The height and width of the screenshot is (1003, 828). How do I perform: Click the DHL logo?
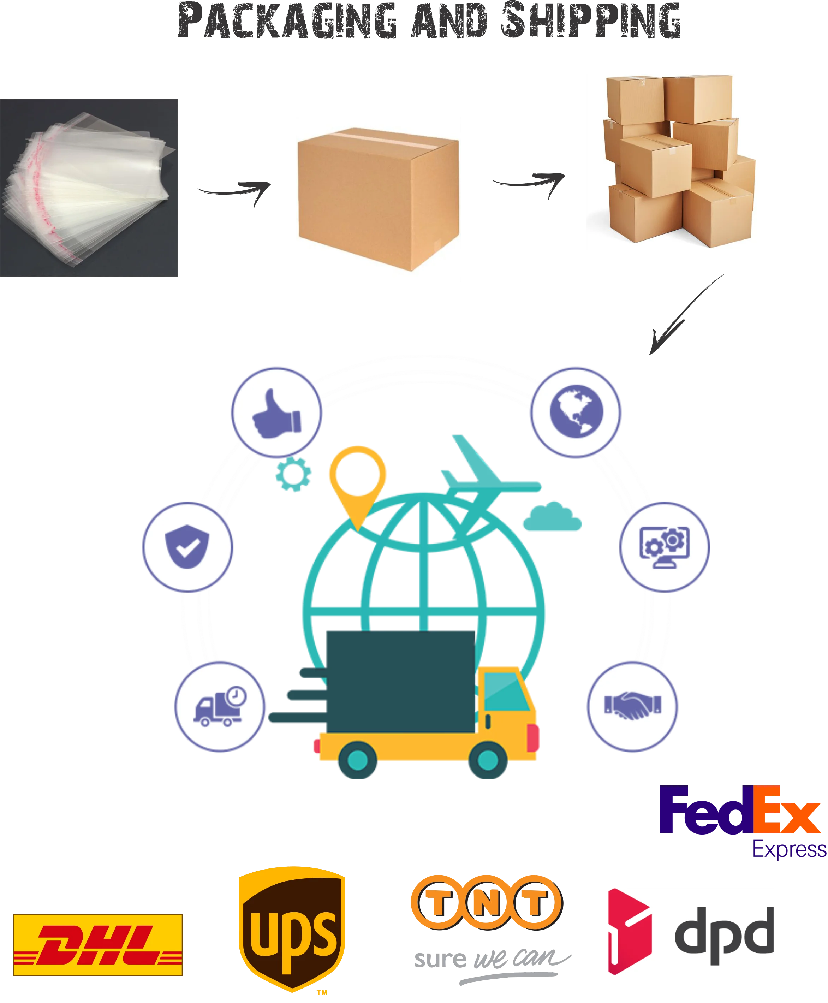(x=97, y=944)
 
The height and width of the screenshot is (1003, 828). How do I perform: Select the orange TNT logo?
(x=487, y=902)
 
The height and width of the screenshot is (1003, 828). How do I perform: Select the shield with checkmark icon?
(x=187, y=547)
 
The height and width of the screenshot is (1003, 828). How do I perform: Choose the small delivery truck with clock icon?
(x=219, y=706)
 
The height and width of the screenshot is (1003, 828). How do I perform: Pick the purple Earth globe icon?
(x=576, y=411)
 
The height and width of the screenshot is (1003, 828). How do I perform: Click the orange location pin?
(x=357, y=482)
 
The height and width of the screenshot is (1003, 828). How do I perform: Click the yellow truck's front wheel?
(x=487, y=759)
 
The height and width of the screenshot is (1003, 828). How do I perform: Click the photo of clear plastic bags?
(x=89, y=188)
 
